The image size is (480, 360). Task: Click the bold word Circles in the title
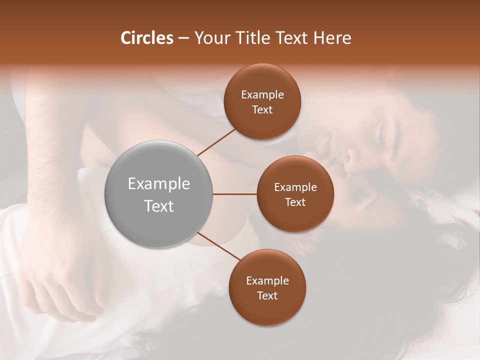click(x=147, y=38)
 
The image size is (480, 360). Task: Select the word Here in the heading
click(x=332, y=38)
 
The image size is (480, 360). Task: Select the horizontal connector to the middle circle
click(x=234, y=194)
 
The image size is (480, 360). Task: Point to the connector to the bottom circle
click(x=218, y=246)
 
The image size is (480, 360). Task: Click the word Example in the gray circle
click(x=158, y=183)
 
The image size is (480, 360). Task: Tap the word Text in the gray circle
click(x=158, y=206)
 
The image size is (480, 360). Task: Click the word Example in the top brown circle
click(x=262, y=95)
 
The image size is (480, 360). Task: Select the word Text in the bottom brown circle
click(x=267, y=295)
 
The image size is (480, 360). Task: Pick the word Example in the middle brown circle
click(x=295, y=187)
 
